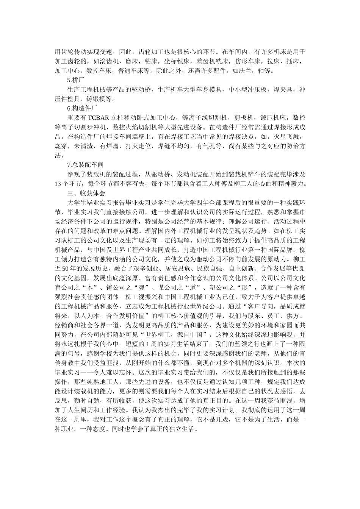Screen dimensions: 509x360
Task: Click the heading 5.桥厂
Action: (75, 80)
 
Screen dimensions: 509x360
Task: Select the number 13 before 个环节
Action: (58, 184)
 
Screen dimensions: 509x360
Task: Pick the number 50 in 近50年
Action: (65, 269)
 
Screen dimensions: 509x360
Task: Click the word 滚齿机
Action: (109, 61)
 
